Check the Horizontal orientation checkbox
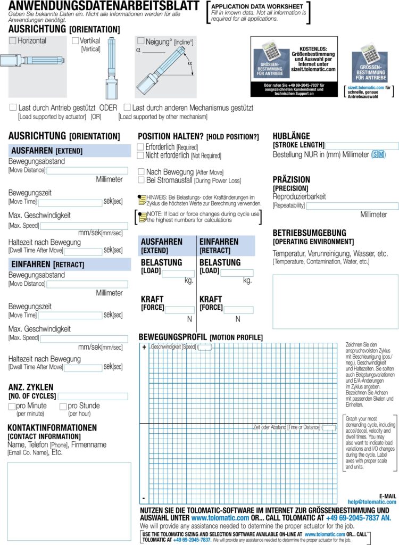(13, 40)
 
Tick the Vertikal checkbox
(75, 40)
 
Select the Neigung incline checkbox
(140, 41)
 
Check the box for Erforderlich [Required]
(140, 147)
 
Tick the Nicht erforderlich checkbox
(140, 155)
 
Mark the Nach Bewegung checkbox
(141, 172)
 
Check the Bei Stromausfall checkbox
(141, 180)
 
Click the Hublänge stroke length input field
(362, 146)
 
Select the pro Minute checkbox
(12, 406)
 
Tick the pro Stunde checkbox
(63, 406)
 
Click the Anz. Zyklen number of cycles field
(93, 397)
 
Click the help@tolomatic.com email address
(372, 501)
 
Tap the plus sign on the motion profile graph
(144, 348)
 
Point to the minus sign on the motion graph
(144, 498)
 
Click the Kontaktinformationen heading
(52, 427)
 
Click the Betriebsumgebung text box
(335, 301)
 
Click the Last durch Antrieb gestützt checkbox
(13, 108)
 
